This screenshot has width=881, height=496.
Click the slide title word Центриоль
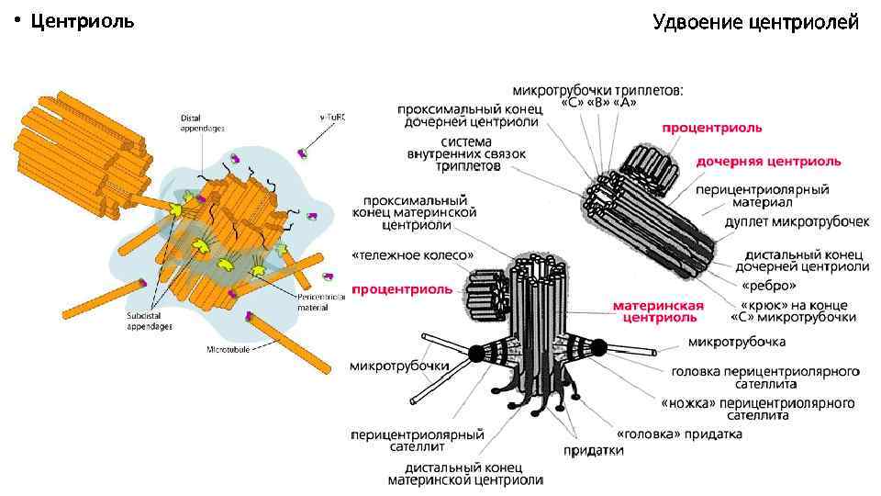[82, 21]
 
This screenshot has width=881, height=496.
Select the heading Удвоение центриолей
[755, 21]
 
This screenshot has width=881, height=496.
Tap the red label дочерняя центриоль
[768, 162]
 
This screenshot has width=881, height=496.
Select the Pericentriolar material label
[320, 302]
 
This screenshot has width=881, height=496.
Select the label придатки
[593, 450]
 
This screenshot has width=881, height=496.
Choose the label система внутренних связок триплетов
[469, 155]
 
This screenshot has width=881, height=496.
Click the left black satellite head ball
[476, 353]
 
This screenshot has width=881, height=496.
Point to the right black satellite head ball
[599, 347]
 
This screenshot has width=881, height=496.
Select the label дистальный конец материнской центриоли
[464, 473]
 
